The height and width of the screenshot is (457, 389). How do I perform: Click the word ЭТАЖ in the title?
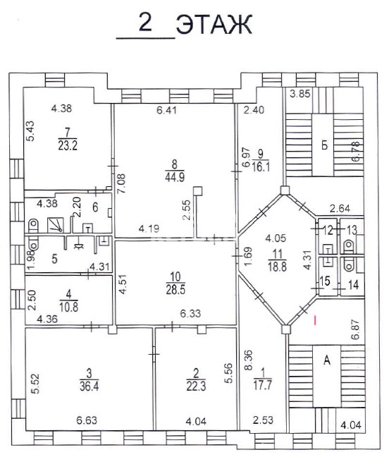click(214, 25)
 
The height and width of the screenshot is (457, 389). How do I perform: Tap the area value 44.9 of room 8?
click(175, 177)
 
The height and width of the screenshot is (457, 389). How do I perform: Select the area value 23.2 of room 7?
click(68, 145)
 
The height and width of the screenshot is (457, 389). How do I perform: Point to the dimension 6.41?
click(166, 110)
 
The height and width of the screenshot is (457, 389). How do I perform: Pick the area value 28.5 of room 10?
click(175, 290)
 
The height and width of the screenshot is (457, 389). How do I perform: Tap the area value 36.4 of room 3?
click(89, 386)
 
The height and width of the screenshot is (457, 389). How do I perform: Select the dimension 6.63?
click(87, 420)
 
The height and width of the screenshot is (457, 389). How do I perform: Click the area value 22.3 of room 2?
click(196, 386)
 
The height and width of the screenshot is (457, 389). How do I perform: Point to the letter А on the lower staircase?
click(327, 360)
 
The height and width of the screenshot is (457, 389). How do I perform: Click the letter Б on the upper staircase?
click(324, 145)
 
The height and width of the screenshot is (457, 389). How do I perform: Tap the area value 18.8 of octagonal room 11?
click(277, 267)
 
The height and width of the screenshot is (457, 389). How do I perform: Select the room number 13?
click(352, 230)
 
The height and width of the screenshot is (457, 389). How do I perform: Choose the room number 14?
click(354, 285)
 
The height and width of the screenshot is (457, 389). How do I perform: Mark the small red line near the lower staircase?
click(315, 320)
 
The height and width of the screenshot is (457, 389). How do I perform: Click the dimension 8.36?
click(249, 360)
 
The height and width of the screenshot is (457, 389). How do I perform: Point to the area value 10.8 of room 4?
click(69, 307)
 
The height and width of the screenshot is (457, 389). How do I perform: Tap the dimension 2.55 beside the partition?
click(187, 209)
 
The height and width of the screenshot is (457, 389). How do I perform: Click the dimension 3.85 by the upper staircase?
click(300, 94)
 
